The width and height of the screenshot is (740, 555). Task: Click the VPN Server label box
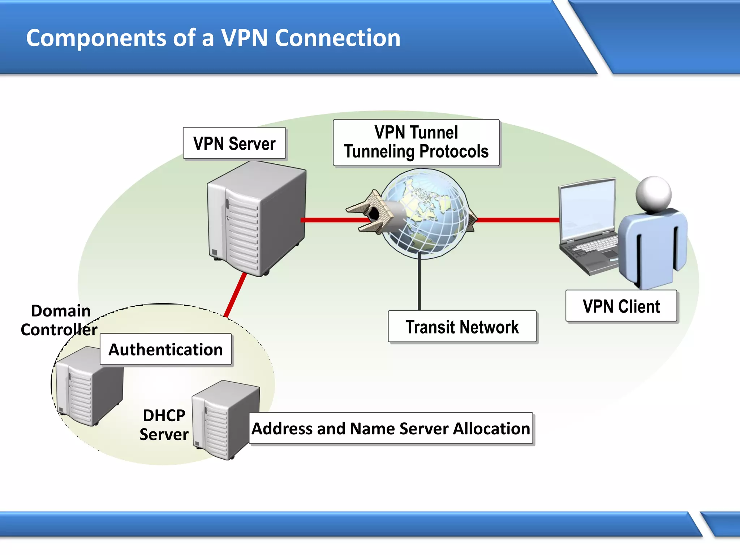pyautogui.click(x=234, y=143)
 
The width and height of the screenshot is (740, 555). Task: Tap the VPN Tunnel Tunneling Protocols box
pyautogui.click(x=416, y=142)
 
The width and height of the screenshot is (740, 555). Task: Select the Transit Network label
pyautogui.click(x=462, y=327)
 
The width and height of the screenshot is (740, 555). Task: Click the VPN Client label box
pyautogui.click(x=621, y=306)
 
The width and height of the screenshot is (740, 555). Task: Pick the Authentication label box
pyautogui.click(x=165, y=349)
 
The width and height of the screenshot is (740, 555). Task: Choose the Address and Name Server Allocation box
pyautogui.click(x=391, y=429)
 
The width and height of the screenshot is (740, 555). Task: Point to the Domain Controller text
pyautogui.click(x=60, y=320)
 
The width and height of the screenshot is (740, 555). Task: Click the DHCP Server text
pyautogui.click(x=164, y=425)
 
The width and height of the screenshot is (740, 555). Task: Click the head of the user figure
pyautogui.click(x=653, y=194)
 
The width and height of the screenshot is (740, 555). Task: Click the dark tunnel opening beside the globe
pyautogui.click(x=374, y=215)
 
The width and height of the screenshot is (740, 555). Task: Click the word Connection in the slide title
pyautogui.click(x=337, y=38)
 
